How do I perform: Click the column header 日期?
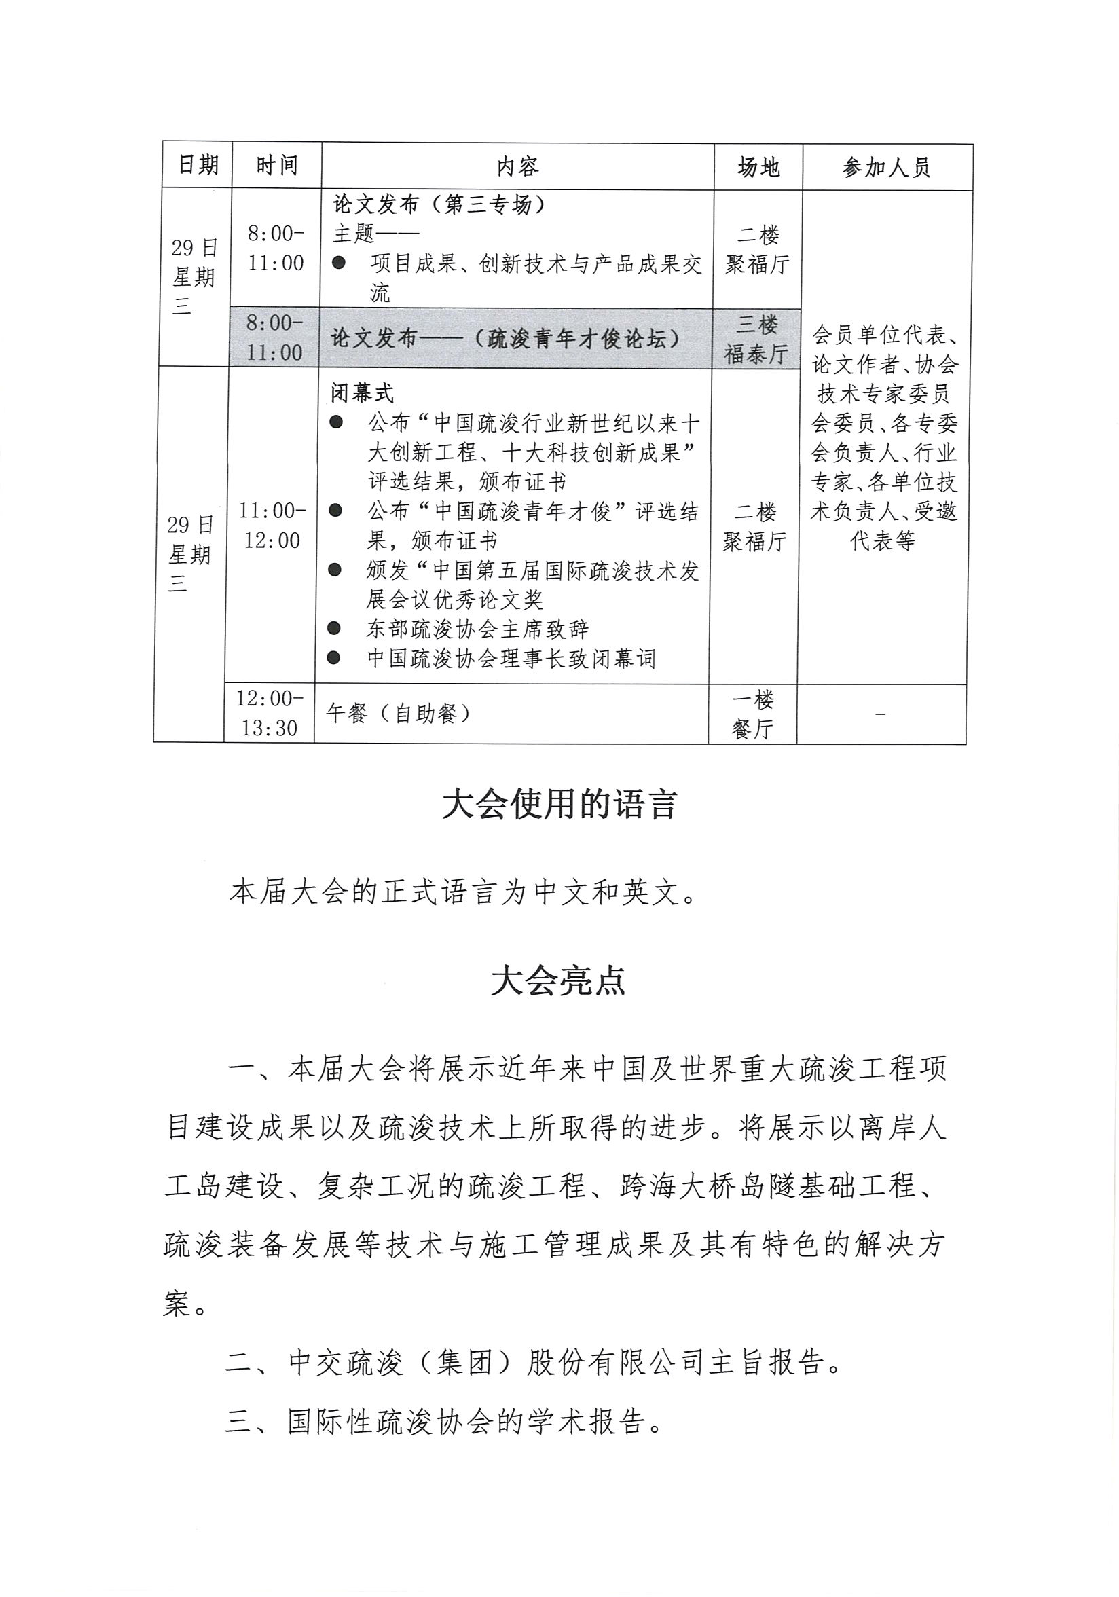pyautogui.click(x=198, y=166)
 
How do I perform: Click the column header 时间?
pyautogui.click(x=277, y=166)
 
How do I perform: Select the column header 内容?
pyautogui.click(x=517, y=167)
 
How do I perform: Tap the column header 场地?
pyautogui.click(x=758, y=167)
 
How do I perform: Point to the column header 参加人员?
pyautogui.click(x=886, y=168)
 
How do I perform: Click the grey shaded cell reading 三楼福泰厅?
pyautogui.click(x=756, y=339)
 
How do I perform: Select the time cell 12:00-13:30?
pyautogui.click(x=269, y=713)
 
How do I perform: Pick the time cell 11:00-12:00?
pyautogui.click(x=271, y=526)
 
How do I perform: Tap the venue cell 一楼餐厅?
pyautogui.click(x=752, y=714)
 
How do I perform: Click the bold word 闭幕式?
pyautogui.click(x=362, y=394)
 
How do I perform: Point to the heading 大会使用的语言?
pyautogui.click(x=559, y=805)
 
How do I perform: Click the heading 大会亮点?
pyautogui.click(x=558, y=980)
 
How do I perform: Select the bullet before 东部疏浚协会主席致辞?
pyautogui.click(x=335, y=629)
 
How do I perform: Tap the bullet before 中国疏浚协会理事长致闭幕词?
pyautogui.click(x=335, y=658)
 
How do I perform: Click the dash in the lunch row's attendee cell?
pyautogui.click(x=881, y=714)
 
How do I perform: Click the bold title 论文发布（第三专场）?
pyautogui.click(x=439, y=204)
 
